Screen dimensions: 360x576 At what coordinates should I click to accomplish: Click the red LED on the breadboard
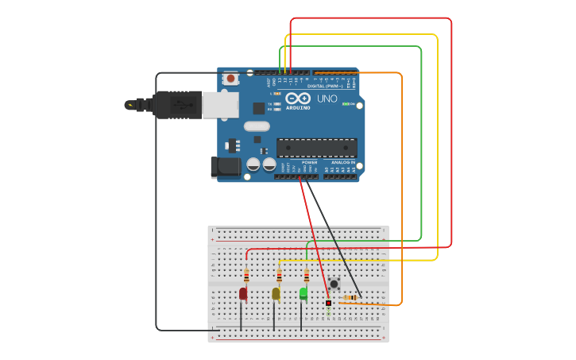click(x=243, y=293)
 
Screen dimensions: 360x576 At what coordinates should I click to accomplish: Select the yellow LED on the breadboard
click(x=276, y=293)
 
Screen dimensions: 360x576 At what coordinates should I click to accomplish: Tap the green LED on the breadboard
click(x=303, y=292)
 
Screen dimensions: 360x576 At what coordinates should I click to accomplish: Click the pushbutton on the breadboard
click(x=334, y=284)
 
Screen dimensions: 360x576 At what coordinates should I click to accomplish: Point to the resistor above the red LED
click(x=246, y=276)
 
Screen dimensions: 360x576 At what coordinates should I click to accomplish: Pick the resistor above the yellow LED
click(x=279, y=276)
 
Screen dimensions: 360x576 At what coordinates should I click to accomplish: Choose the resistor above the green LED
click(x=307, y=276)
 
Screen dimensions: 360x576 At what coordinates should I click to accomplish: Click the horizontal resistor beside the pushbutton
click(x=351, y=298)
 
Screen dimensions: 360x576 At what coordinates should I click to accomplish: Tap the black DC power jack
click(x=225, y=167)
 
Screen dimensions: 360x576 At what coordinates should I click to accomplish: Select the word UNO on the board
click(x=327, y=99)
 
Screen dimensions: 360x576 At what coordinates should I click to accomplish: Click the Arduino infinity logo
click(x=298, y=98)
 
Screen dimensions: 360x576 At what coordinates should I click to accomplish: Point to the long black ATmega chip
click(x=316, y=147)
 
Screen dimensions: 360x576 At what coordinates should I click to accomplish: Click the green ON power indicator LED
click(x=345, y=104)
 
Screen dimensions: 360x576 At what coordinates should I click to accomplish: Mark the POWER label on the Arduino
click(x=309, y=162)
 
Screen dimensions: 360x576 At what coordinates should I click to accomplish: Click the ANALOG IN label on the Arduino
click(x=343, y=162)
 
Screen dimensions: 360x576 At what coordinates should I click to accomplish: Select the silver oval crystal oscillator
click(x=257, y=126)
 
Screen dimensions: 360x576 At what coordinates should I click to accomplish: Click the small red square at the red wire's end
click(x=328, y=303)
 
